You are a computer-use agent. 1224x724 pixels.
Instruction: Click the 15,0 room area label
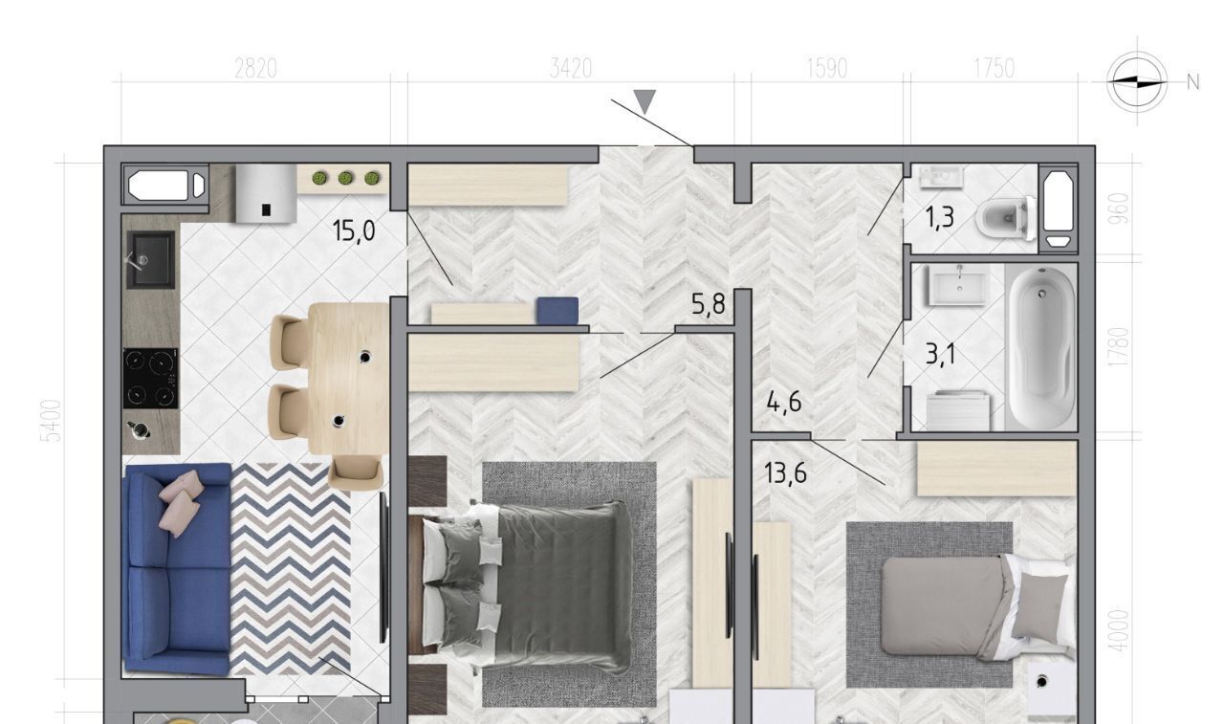tap(354, 230)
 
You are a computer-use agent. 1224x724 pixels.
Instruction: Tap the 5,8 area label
tap(709, 303)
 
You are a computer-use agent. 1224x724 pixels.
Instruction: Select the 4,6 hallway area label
tap(784, 402)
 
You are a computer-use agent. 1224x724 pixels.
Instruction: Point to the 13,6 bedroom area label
tap(786, 472)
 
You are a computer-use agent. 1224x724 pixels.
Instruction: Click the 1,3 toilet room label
tap(940, 217)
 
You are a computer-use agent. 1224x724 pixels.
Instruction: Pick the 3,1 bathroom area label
tap(940, 354)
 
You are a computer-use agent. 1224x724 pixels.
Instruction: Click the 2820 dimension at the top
tap(255, 70)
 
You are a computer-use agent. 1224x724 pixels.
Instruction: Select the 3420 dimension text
tap(571, 70)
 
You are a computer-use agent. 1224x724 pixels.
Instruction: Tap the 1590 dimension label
tap(827, 70)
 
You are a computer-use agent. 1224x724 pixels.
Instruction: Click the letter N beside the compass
tap(1192, 82)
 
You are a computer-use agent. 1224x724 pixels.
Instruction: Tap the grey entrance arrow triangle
tap(645, 101)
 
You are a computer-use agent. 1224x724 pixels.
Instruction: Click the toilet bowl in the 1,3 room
tap(1005, 219)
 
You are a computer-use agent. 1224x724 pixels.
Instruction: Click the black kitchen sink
tap(151, 260)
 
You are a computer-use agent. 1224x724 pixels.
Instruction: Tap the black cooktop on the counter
tap(150, 379)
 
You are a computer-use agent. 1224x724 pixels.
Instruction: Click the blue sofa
tap(178, 568)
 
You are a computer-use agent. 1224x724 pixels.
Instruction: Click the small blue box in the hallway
tap(557, 311)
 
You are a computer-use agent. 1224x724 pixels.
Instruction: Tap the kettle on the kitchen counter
tap(139, 430)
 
